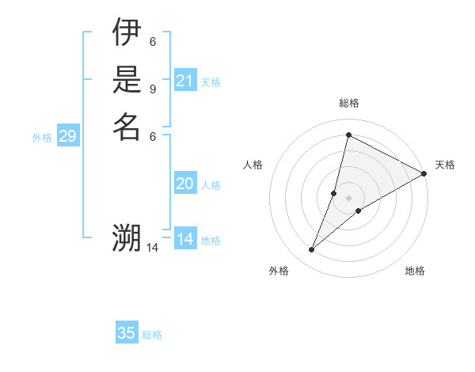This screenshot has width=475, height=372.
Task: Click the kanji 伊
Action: (x=126, y=33)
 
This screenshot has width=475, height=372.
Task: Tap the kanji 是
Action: (x=126, y=80)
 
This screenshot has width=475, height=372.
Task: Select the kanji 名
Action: (x=126, y=126)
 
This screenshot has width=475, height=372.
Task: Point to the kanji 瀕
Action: (x=126, y=238)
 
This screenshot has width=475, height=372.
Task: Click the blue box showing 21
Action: (x=185, y=80)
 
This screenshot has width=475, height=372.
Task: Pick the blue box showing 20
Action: (x=185, y=184)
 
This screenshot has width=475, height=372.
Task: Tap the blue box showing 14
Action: (x=185, y=239)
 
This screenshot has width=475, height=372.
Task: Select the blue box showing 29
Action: (x=68, y=137)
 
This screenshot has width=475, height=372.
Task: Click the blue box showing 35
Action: (x=127, y=333)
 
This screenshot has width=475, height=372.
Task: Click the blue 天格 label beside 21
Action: (x=211, y=82)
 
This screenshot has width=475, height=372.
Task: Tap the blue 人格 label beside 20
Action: (x=211, y=185)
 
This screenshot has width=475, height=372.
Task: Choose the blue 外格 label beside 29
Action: (x=42, y=138)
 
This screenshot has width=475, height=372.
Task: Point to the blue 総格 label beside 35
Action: (x=152, y=335)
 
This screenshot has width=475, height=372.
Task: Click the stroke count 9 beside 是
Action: (x=153, y=89)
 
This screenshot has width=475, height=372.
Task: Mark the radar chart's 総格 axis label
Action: (x=348, y=103)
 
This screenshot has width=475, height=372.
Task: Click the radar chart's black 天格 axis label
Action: (x=445, y=165)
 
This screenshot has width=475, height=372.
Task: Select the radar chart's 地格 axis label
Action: (x=415, y=271)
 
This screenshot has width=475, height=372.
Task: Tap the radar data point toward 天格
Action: (x=424, y=174)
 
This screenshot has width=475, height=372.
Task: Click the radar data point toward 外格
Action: (x=312, y=250)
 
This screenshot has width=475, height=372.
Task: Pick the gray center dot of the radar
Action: (x=348, y=198)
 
